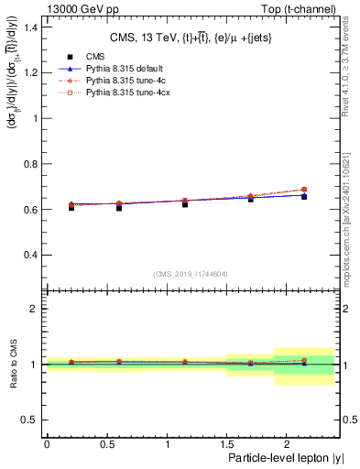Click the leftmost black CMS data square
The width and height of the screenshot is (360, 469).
(71, 207)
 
